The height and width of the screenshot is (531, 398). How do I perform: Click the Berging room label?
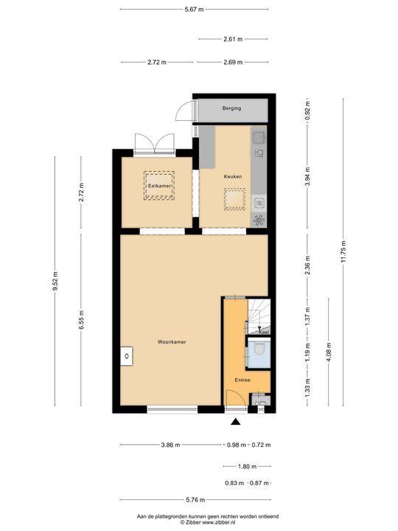(231, 108)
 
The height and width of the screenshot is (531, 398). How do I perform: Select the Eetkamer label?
(159, 187)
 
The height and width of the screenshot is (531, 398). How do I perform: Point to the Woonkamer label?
(171, 342)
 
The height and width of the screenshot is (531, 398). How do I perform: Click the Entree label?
(242, 380)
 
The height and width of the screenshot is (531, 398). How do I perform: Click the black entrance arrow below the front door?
(236, 422)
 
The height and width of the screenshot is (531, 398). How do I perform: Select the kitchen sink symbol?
(259, 153)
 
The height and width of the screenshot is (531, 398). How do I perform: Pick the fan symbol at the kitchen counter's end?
(259, 220)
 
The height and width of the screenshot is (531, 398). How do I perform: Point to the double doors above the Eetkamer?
(154, 143)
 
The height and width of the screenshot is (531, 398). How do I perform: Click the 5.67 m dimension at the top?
(195, 9)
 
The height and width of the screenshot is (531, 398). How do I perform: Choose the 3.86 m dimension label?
(171, 445)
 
